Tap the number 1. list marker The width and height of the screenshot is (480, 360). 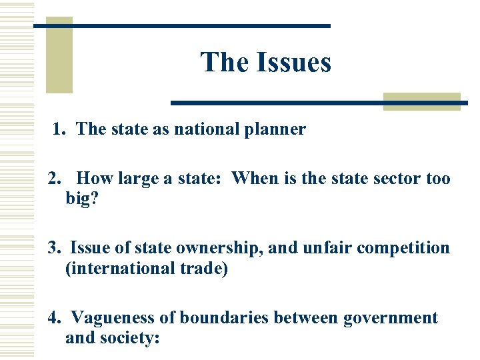pos(59,129)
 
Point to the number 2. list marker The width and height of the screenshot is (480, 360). pos(54,179)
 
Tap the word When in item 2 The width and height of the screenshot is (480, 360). pos(255,179)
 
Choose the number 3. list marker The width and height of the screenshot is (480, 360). pos(54,248)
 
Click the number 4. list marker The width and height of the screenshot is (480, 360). pos(54,318)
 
